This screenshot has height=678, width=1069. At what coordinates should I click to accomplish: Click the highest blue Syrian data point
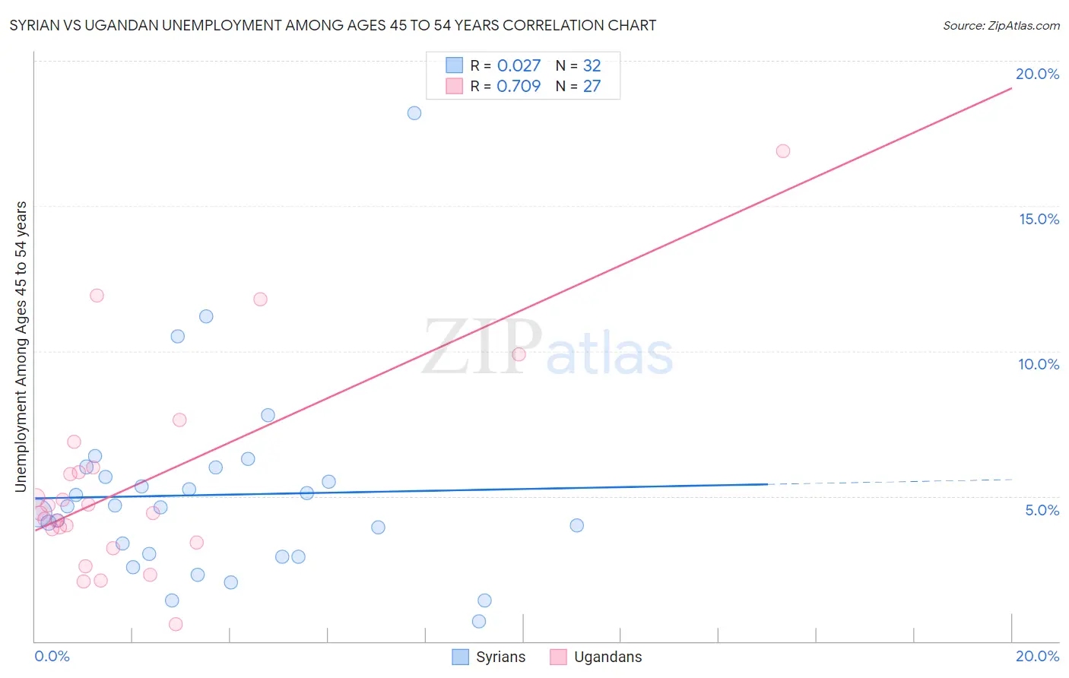(414, 113)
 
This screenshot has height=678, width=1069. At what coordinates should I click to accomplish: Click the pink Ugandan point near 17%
(783, 151)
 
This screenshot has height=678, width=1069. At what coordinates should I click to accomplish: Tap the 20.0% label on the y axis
(1037, 74)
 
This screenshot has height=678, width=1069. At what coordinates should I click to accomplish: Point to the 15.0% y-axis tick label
(1039, 219)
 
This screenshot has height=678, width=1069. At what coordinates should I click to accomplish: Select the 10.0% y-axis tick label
(1039, 364)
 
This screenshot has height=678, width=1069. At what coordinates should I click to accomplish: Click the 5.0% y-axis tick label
(1042, 510)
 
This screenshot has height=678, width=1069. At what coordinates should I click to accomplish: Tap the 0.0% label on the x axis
(52, 656)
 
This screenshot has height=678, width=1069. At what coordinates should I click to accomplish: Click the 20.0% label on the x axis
(1037, 656)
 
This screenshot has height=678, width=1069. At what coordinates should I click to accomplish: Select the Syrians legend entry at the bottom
(489, 657)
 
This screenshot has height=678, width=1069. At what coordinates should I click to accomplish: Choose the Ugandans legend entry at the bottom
(596, 657)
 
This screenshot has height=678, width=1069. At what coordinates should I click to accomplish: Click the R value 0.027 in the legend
(519, 65)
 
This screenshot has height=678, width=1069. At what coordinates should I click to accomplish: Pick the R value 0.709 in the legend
(519, 86)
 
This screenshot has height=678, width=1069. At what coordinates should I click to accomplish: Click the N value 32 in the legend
(592, 65)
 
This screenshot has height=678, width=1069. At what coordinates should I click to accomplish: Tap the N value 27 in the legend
(592, 86)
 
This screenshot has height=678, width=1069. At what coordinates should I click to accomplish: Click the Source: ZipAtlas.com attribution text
(1001, 25)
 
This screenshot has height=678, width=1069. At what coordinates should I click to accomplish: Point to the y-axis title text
(21, 347)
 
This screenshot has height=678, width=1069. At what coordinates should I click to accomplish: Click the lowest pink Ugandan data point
(176, 624)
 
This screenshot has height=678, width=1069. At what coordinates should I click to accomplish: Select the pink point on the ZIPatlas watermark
(519, 354)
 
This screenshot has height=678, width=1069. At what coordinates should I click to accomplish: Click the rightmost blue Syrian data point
(577, 525)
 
